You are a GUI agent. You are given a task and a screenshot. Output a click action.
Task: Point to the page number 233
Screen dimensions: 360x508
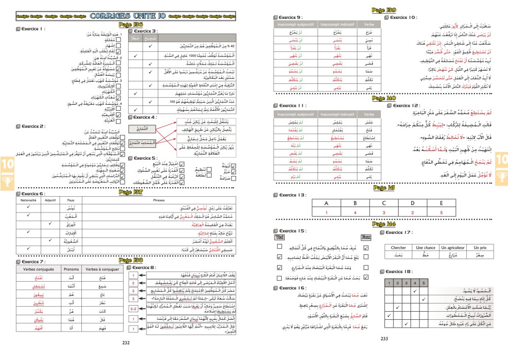pyautogui.click(x=384, y=339)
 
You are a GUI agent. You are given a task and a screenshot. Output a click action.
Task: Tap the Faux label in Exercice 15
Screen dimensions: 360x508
pyautogui.click(x=366, y=237)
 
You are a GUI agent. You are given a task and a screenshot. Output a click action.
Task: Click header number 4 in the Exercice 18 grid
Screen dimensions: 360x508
pyautogui.click(x=415, y=283)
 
